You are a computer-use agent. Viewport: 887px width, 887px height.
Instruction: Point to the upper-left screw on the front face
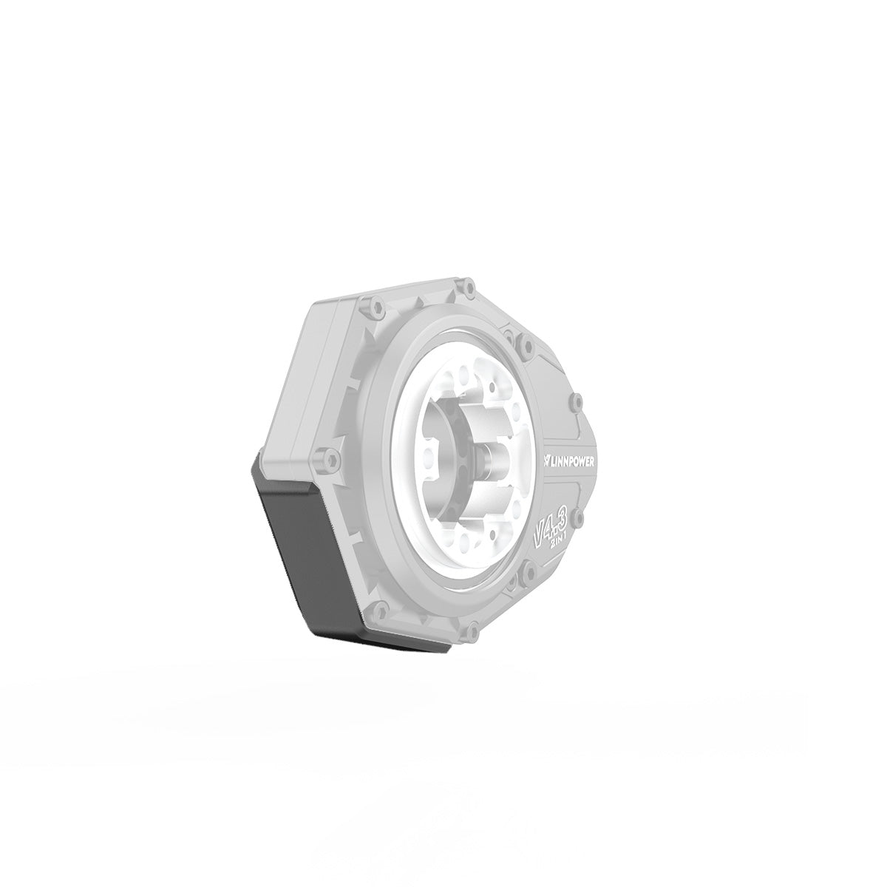pos(375,303)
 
